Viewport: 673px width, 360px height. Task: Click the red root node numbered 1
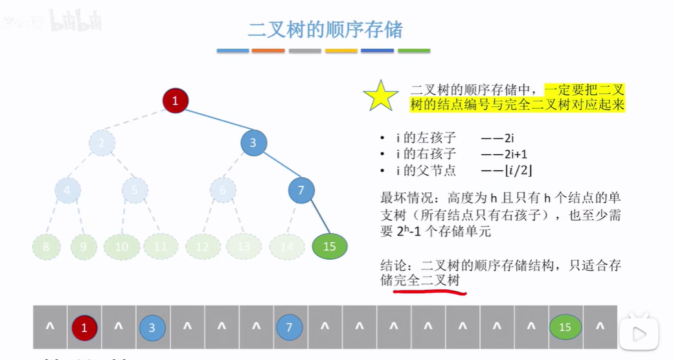[x=175, y=100]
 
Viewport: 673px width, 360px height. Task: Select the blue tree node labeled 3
[x=253, y=143]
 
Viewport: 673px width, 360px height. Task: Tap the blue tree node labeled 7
[x=301, y=190]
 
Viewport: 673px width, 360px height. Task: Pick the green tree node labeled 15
[x=329, y=246]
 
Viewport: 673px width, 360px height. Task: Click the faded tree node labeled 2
[x=102, y=143]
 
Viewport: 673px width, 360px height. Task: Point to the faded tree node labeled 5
[x=135, y=190]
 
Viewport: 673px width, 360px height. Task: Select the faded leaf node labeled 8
[x=46, y=247]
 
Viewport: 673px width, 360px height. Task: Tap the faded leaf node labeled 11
[x=161, y=246]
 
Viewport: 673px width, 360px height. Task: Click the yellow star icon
[x=381, y=96]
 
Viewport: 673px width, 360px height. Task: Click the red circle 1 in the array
[x=84, y=328]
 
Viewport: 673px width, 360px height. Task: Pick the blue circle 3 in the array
[x=152, y=328]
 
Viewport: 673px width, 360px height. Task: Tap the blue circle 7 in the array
[x=290, y=328]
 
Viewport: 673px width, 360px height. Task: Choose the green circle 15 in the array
[x=565, y=328]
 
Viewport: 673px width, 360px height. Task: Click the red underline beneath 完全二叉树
[x=429, y=291]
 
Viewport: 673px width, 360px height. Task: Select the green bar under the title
[x=414, y=51]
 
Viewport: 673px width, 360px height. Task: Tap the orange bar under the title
[x=268, y=51]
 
